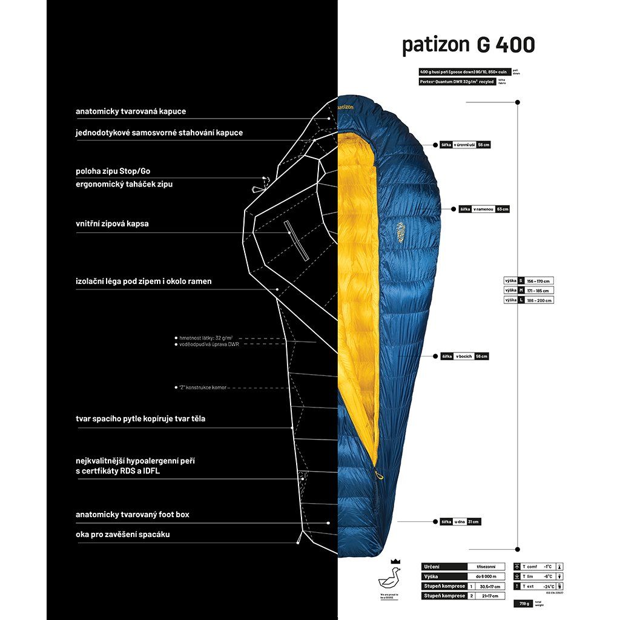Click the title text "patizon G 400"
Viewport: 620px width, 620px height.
click(x=468, y=45)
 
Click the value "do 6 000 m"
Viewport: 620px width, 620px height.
click(x=486, y=576)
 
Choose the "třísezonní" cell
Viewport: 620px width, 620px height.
click(x=486, y=567)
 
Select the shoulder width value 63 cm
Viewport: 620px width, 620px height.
click(x=503, y=209)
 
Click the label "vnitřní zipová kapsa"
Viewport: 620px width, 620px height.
click(x=112, y=223)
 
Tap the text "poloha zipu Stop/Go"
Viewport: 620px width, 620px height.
click(x=113, y=171)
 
